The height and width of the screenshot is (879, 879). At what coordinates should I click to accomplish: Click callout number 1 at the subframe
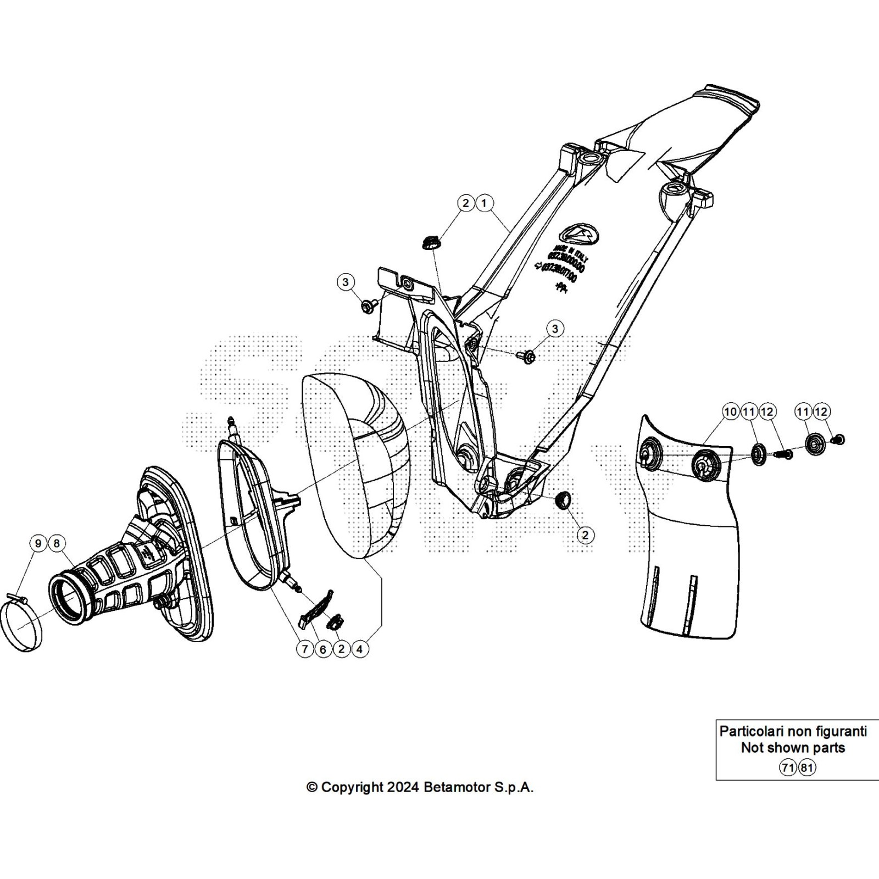coord(484,203)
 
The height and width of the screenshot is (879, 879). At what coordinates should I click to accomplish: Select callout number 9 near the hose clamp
coord(38,543)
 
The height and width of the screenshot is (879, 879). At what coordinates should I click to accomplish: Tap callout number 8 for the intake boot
coord(56,543)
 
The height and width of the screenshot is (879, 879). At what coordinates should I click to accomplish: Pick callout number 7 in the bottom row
coord(305,649)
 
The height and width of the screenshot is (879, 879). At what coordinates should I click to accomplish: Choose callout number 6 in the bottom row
coord(323,649)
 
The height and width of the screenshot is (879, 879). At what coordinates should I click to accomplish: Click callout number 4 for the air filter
coord(359,649)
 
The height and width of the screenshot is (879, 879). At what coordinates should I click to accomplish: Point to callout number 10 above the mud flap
coord(731,411)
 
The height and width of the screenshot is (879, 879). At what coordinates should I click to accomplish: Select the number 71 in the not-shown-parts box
coord(788,767)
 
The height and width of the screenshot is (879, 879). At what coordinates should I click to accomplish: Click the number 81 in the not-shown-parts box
coord(806,767)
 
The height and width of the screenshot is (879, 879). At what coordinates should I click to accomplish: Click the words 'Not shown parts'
coord(793,748)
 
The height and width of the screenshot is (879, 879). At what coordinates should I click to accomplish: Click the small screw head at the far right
coord(839,439)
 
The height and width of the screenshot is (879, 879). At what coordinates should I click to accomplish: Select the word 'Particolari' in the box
coord(751,731)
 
